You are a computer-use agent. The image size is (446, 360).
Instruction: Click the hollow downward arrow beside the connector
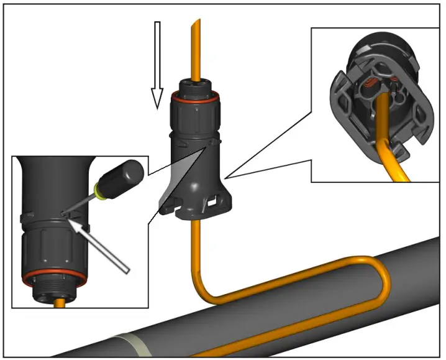(157, 62)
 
